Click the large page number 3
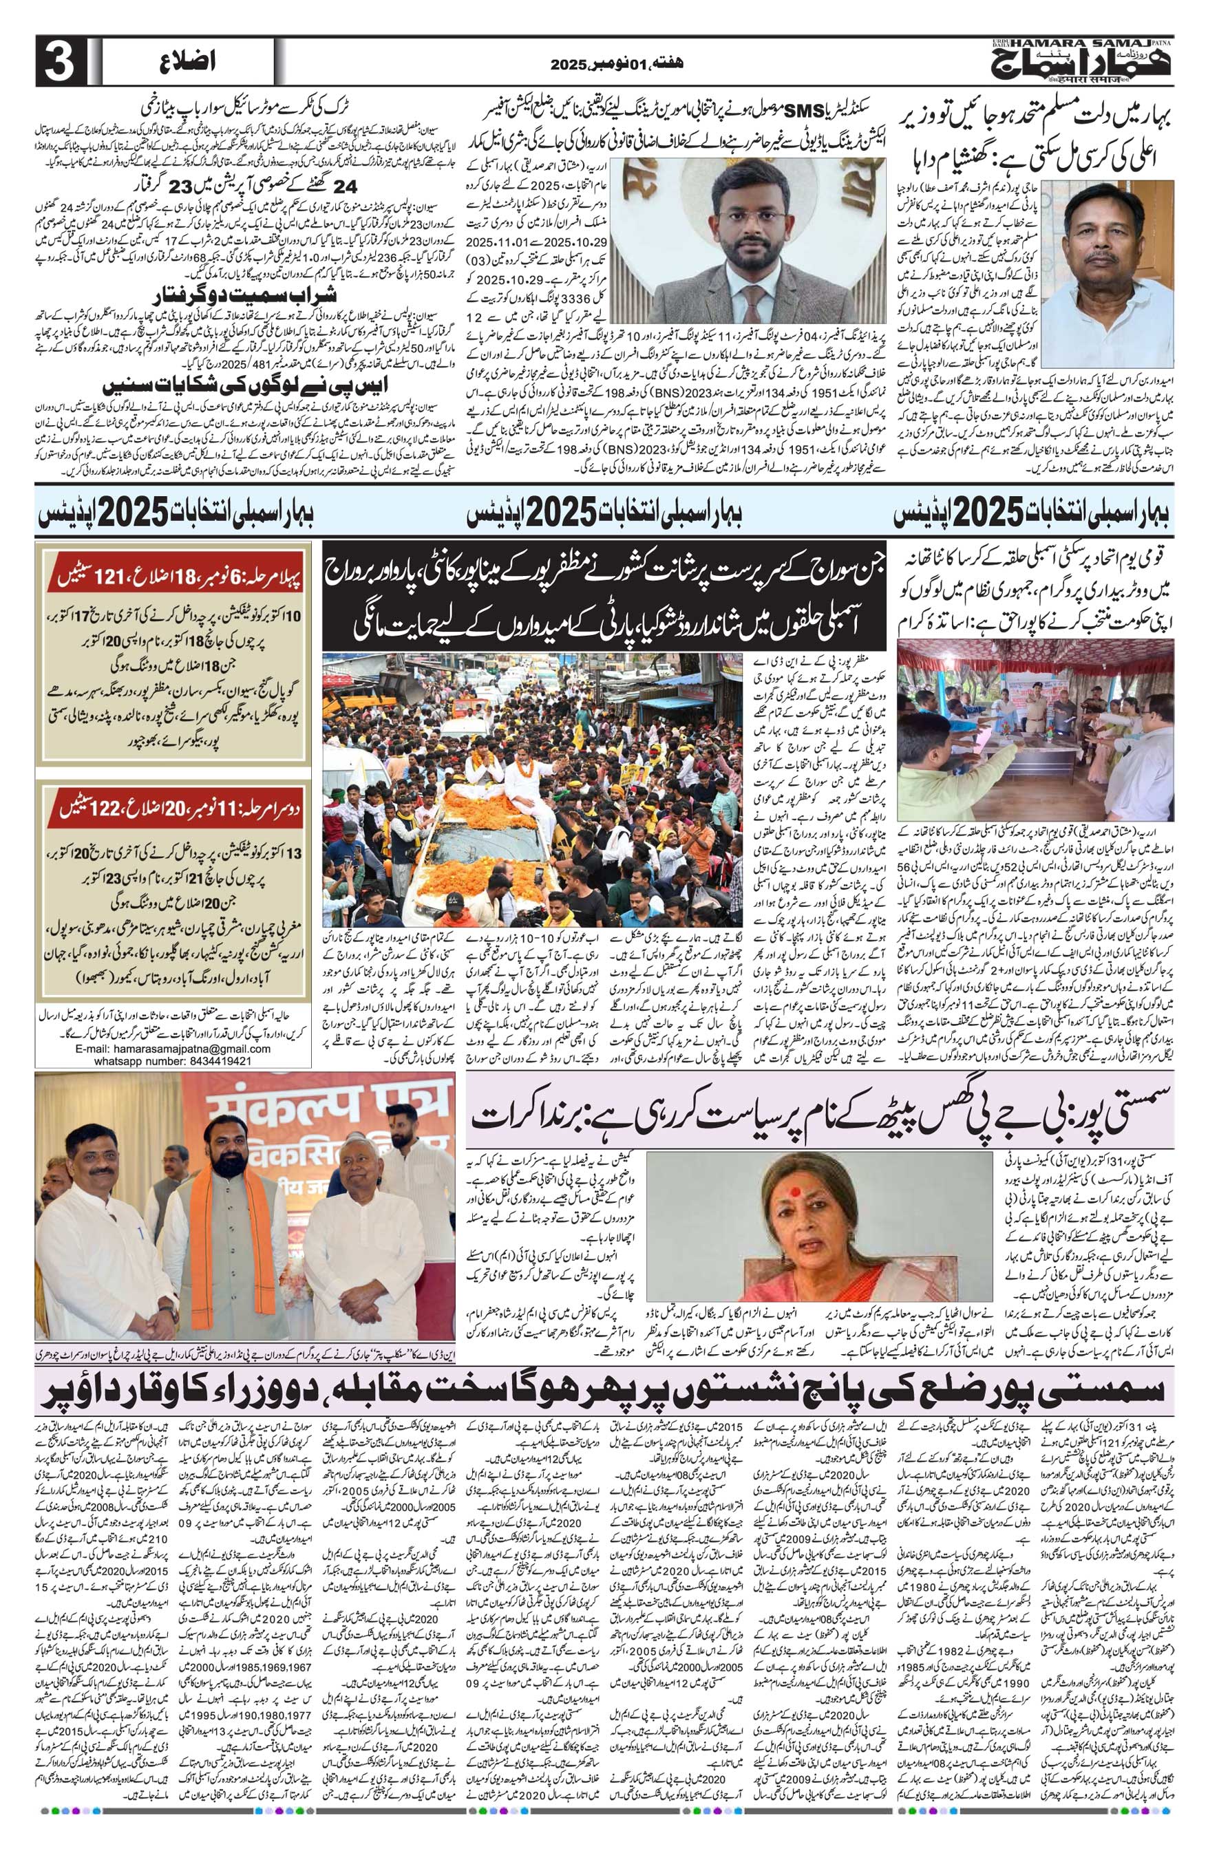pos(59,65)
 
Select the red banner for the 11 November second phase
pos(175,806)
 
